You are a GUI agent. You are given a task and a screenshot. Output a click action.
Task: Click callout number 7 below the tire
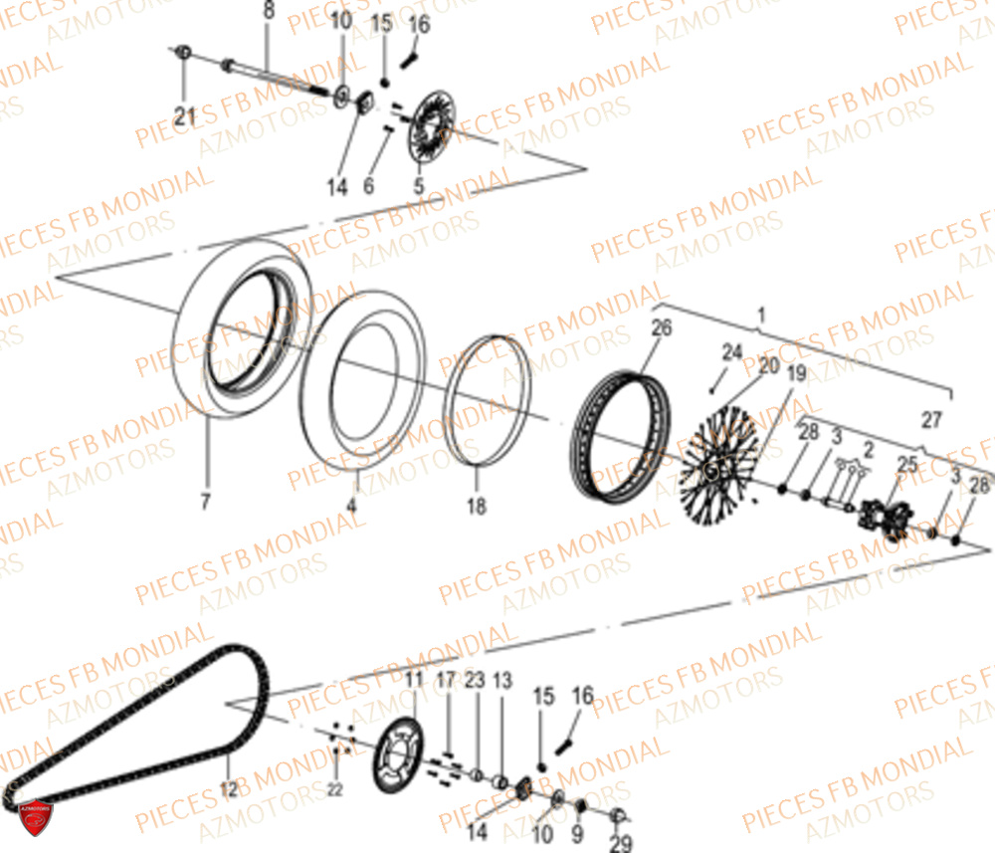205,502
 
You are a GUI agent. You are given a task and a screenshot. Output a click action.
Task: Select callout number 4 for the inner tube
351,505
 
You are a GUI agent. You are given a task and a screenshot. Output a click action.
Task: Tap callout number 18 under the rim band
477,507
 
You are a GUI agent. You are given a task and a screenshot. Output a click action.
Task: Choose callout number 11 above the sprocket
413,680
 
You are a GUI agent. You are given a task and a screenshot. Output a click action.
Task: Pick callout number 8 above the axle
267,12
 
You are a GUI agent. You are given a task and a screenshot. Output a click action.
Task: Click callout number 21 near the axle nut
184,116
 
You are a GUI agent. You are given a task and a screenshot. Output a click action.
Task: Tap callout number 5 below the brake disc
418,185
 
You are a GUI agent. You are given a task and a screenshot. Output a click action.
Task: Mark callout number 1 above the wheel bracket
761,317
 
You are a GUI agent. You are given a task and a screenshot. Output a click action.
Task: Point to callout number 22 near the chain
334,789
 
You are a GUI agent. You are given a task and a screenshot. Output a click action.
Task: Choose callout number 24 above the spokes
732,351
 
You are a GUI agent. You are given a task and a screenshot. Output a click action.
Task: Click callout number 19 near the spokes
797,374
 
